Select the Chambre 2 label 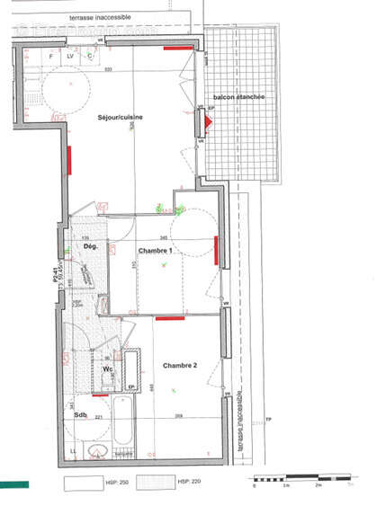(180, 366)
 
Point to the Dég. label (90, 246)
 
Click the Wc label (107, 369)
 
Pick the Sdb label (79, 415)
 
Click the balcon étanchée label (238, 97)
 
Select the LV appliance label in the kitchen (69, 56)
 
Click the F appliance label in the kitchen (50, 56)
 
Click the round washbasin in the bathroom (98, 449)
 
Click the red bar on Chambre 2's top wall (169, 317)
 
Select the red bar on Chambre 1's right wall (216, 251)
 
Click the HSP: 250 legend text (112, 484)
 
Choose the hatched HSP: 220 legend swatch (158, 483)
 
